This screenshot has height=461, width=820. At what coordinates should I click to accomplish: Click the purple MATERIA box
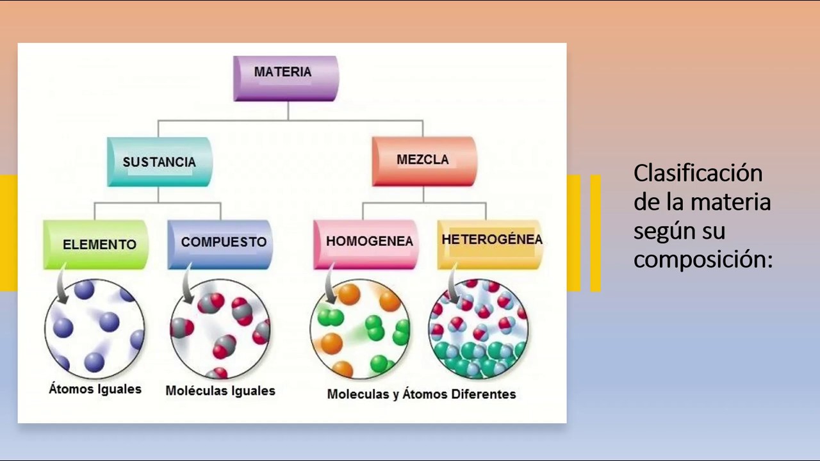pos(285,78)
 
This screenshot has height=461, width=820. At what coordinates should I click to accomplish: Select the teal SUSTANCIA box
pos(159,162)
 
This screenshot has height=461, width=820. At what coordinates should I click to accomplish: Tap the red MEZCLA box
pos(423,160)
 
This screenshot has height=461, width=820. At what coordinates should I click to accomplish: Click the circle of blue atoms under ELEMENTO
pos(95,328)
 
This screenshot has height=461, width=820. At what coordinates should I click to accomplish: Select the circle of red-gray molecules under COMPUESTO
pos(220,328)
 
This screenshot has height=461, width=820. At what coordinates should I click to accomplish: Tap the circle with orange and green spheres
pos(360,328)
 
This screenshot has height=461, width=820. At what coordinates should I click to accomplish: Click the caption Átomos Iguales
pos(95,389)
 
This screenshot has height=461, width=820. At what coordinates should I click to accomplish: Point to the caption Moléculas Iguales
pos(220,391)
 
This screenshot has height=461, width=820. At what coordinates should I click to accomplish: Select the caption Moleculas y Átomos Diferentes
pos(422,394)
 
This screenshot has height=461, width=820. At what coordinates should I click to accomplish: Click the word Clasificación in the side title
pos(698,173)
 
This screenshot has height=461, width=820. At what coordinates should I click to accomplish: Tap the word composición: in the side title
pos(703,259)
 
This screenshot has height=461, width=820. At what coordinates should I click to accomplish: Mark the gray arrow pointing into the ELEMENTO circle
pos(61,288)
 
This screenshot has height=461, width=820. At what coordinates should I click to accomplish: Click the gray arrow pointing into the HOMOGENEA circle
pos(330,288)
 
